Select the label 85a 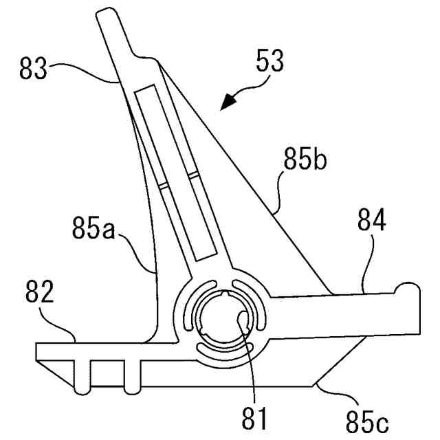coord(94,226)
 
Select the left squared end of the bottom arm coord(41,351)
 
